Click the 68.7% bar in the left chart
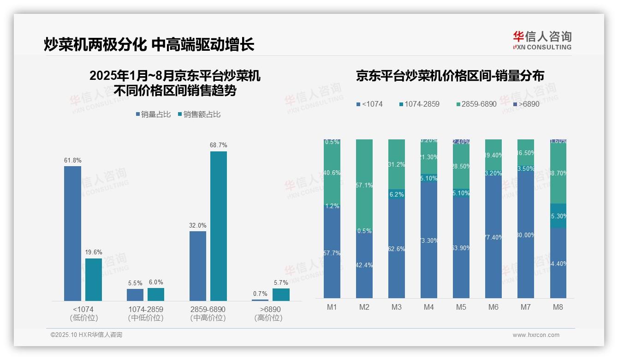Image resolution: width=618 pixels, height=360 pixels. [x=219, y=226]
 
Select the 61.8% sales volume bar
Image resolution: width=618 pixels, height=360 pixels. [x=72, y=234]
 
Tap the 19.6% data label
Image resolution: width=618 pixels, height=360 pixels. [x=94, y=252]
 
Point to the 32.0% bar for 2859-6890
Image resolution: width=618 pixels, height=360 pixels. [x=198, y=266]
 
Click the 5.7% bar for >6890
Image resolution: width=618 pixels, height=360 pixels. [x=281, y=294]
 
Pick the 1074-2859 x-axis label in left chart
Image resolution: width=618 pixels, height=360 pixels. [x=146, y=309]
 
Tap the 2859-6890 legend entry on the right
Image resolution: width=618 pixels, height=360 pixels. [x=475, y=104]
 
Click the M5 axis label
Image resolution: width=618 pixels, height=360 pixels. [x=461, y=307]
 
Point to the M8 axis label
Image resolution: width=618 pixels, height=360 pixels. [x=558, y=307]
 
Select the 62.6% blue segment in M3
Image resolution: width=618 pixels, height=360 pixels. [x=397, y=249]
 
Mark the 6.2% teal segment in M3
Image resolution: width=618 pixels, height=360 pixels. [x=397, y=194]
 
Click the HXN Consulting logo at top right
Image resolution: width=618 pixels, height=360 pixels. [x=542, y=41]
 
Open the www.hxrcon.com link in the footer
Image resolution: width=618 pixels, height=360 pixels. [x=536, y=335]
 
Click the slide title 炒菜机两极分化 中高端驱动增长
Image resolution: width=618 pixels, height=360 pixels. [x=149, y=45]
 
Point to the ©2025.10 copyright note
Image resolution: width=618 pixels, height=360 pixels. [x=86, y=335]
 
